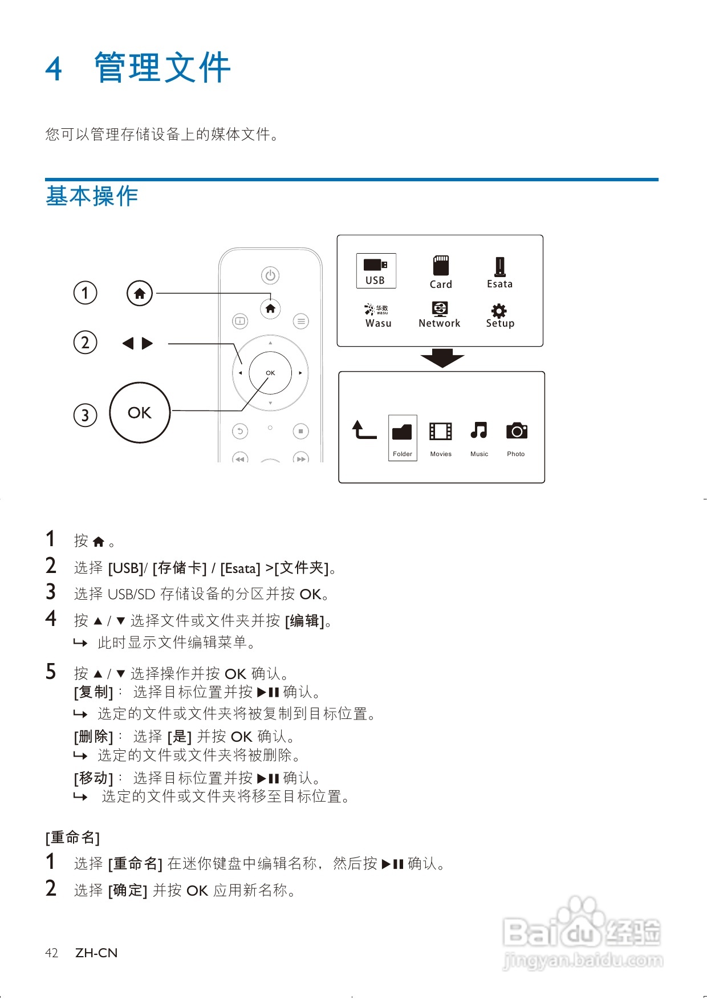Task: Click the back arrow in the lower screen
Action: (363, 430)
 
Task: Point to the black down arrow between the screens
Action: (442, 358)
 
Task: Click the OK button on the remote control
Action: (270, 373)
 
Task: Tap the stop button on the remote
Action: (300, 432)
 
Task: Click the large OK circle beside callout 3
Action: (140, 413)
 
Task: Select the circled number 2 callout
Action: (86, 343)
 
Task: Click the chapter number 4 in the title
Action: (54, 69)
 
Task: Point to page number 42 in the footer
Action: (51, 953)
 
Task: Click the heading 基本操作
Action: (92, 196)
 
